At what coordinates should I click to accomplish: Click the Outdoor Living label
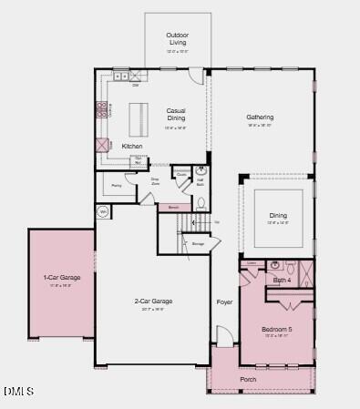177,38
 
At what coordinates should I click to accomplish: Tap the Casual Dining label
176,115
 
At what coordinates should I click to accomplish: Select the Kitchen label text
132,146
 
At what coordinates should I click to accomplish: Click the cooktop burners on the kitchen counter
100,111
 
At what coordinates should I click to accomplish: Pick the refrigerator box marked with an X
103,144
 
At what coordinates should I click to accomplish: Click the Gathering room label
260,118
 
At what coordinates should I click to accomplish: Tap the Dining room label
277,216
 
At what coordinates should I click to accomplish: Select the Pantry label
117,185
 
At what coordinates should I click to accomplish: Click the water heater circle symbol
103,211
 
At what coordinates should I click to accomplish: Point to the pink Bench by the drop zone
173,207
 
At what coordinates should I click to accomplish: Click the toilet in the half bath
201,201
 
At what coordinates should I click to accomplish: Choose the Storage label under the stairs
198,243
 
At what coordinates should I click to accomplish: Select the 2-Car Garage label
153,301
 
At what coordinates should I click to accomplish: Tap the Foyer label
224,302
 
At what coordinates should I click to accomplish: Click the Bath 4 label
282,280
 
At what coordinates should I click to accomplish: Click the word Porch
248,379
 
